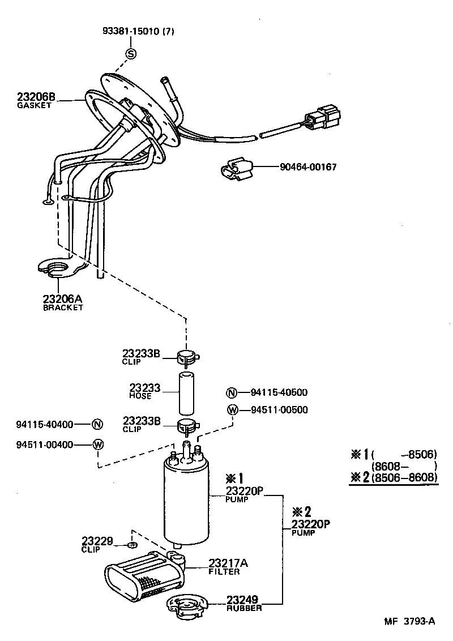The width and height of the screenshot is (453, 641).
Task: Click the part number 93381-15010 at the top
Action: (x=138, y=32)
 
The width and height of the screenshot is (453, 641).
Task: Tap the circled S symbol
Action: (x=131, y=54)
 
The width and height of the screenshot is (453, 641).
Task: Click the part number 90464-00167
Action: (x=308, y=168)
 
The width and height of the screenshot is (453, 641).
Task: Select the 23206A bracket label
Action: (x=63, y=300)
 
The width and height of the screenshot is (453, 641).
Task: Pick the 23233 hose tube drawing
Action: (x=187, y=393)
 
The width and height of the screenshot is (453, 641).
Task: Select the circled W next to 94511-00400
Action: (x=97, y=445)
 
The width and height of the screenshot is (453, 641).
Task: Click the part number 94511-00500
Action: (x=280, y=410)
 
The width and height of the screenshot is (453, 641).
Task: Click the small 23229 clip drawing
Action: (x=132, y=545)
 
